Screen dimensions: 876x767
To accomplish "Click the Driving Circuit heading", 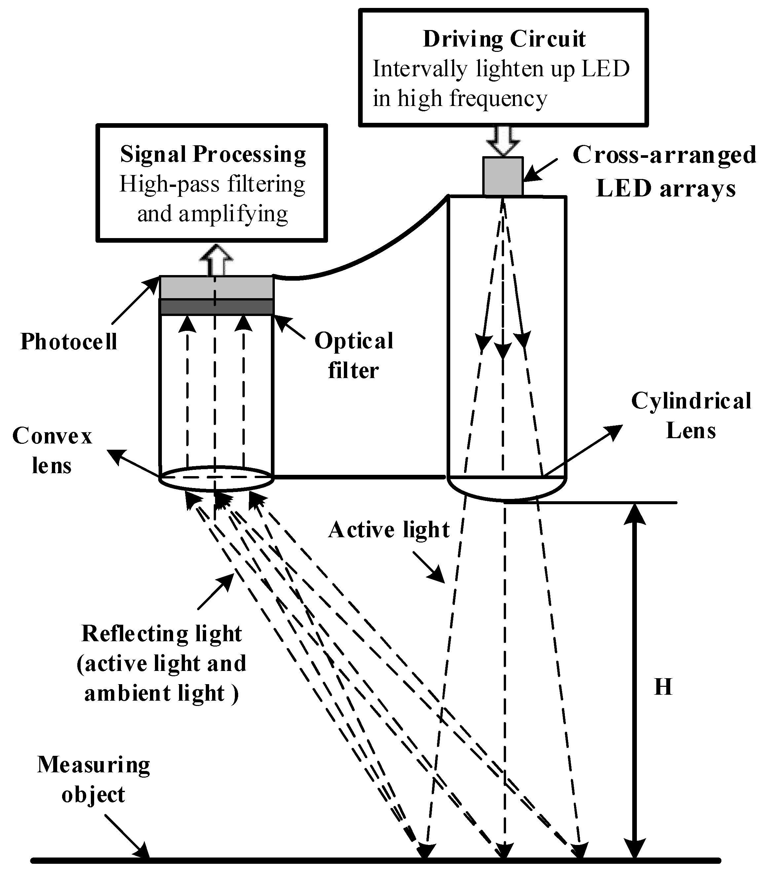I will pyautogui.click(x=504, y=39).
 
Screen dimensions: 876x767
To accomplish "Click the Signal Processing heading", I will pyautogui.click(x=213, y=155).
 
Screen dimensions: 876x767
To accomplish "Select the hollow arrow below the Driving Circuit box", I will pyautogui.click(x=503, y=141).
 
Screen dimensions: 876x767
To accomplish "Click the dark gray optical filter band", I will pyautogui.click(x=216, y=307).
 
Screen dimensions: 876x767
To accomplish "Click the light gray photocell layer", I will pyautogui.click(x=216, y=288).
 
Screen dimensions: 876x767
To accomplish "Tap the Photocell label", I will pyautogui.click(x=68, y=342).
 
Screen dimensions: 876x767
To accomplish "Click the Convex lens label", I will pyautogui.click(x=52, y=451).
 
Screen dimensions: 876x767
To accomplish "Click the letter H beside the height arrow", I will pyautogui.click(x=663, y=687).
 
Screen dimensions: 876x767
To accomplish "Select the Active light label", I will pyautogui.click(x=389, y=530).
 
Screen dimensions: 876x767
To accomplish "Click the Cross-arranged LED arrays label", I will pyautogui.click(x=664, y=171).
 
